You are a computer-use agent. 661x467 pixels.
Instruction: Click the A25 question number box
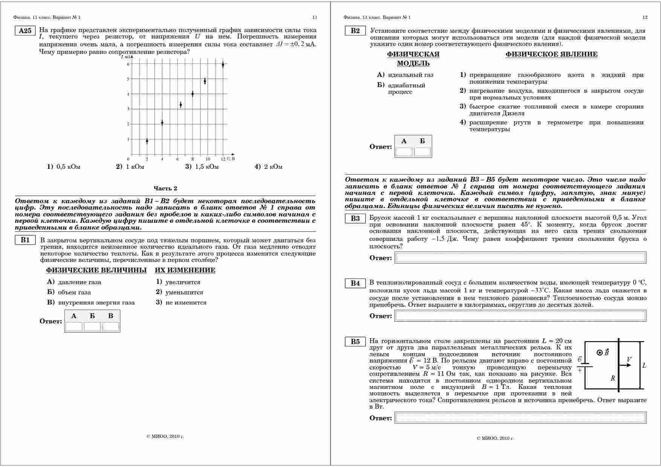pyautogui.click(x=25, y=31)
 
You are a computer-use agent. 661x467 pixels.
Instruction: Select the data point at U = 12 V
pyautogui.click(x=223, y=64)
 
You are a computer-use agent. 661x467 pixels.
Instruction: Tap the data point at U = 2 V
pyautogui.click(x=147, y=141)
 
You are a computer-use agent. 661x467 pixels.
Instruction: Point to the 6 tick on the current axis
pyautogui.click(x=128, y=64)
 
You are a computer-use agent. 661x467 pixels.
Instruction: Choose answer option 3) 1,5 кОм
pyautogui.click(x=202, y=167)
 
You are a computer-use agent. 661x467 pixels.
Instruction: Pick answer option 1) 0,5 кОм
pyautogui.click(x=64, y=167)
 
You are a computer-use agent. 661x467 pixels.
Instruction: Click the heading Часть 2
pyautogui.click(x=165, y=188)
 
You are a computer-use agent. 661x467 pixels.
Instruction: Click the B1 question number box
pyautogui.click(x=25, y=240)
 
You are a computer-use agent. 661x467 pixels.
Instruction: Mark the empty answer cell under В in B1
pyautogui.click(x=111, y=326)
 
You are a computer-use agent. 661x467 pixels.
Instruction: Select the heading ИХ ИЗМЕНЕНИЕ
pyautogui.click(x=185, y=270)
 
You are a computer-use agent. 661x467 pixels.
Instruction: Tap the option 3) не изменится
pyautogui.click(x=181, y=302)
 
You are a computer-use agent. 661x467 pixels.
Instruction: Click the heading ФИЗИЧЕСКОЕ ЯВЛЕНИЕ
pyautogui.click(x=551, y=54)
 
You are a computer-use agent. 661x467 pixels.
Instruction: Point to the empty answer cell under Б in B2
pyautogui.click(x=422, y=152)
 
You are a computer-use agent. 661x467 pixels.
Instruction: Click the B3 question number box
pyautogui.click(x=355, y=219)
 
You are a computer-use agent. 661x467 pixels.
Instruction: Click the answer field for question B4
pyautogui.click(x=520, y=316)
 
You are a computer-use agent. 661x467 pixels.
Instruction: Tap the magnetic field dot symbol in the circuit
pyautogui.click(x=600, y=352)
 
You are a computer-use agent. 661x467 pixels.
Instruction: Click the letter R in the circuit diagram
pyautogui.click(x=613, y=378)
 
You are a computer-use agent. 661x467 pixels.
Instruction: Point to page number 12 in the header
pyautogui.click(x=645, y=17)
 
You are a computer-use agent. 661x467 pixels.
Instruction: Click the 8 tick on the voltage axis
pyautogui.click(x=193, y=159)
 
